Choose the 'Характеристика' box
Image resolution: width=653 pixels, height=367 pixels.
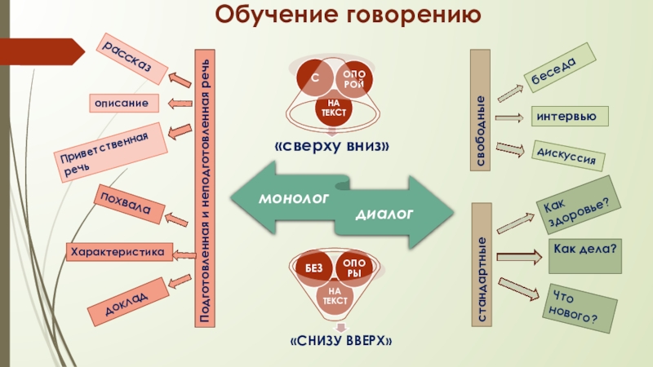(120, 252)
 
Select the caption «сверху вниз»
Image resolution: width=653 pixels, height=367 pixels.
(332, 146)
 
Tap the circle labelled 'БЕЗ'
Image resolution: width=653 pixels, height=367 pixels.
(315, 268)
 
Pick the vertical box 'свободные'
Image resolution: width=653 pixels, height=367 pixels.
(481, 110)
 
